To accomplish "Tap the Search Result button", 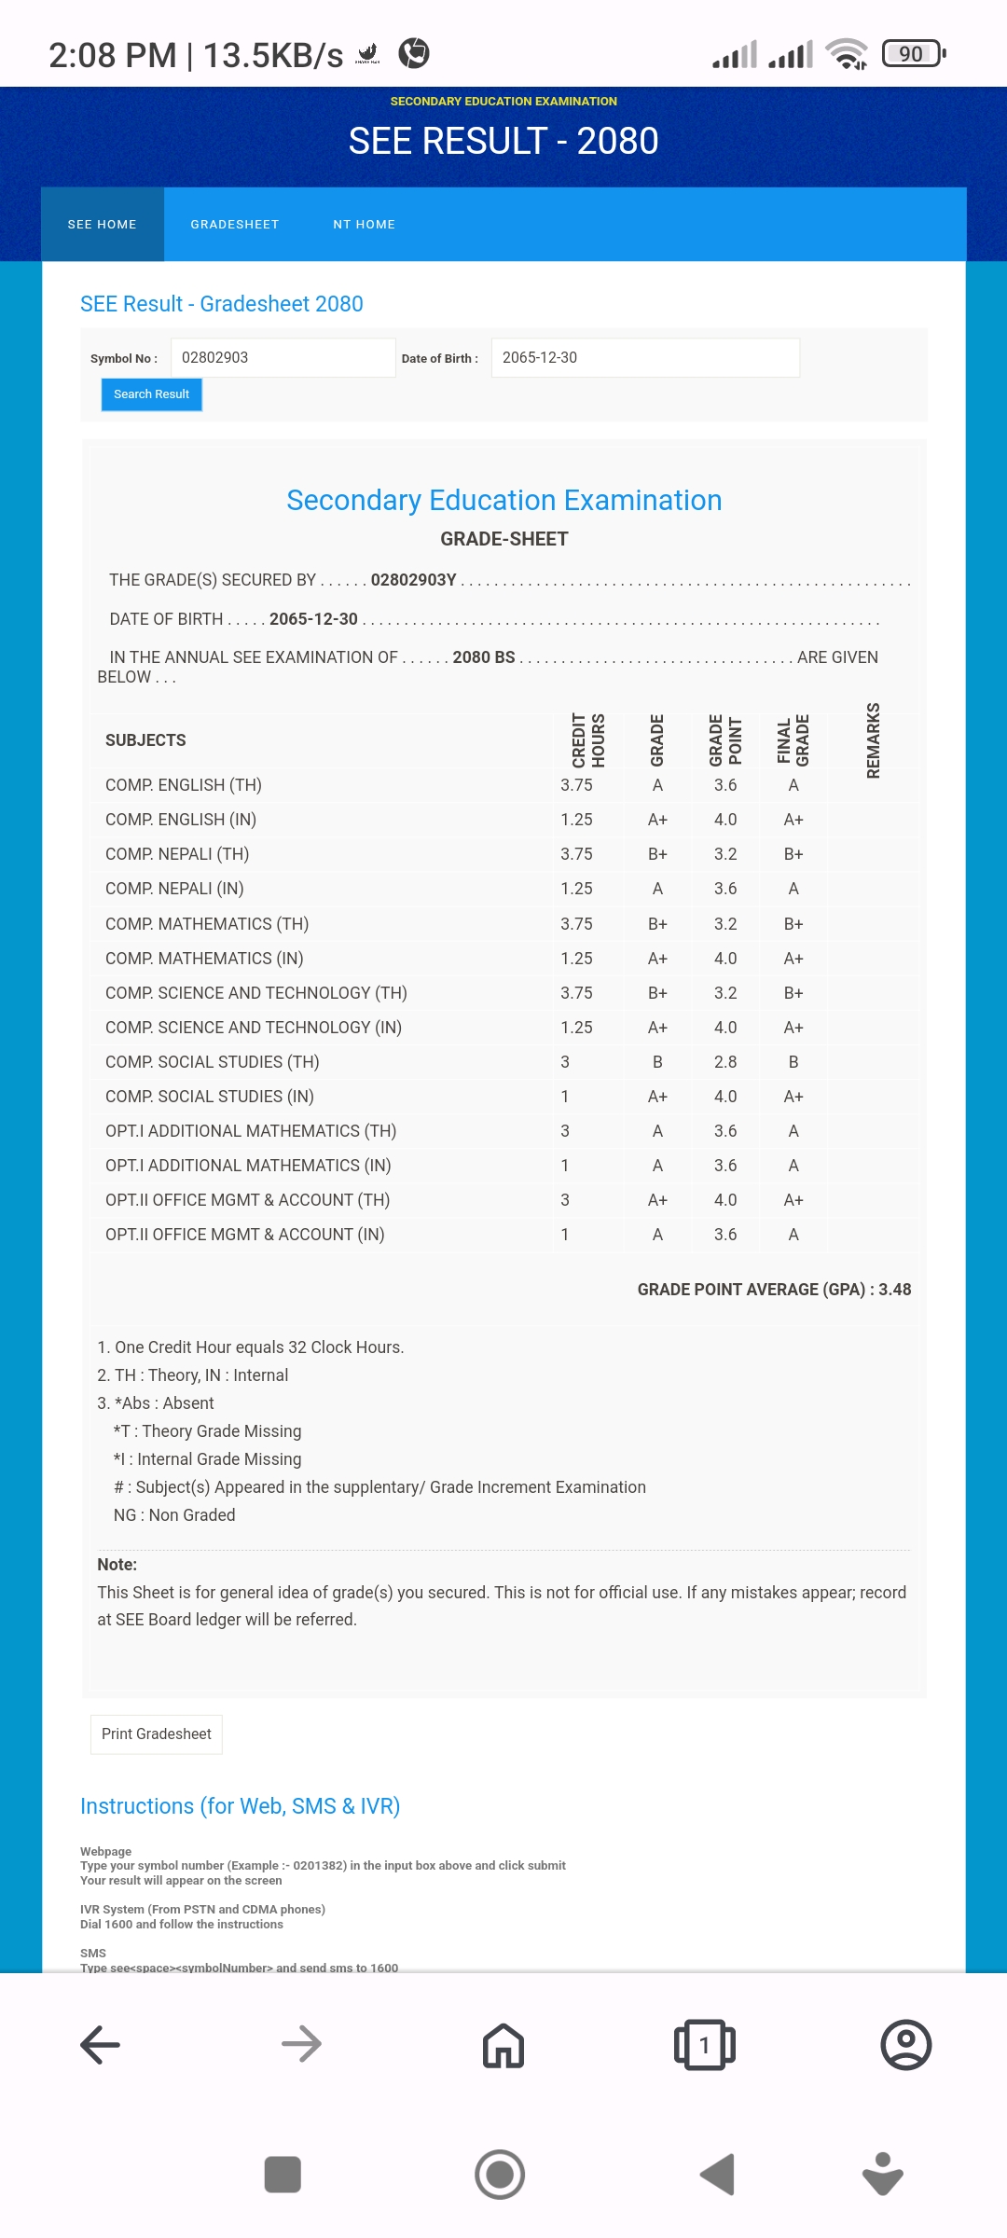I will [x=151, y=394].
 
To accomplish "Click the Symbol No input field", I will [x=283, y=358].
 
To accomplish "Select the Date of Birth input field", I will [x=644, y=358].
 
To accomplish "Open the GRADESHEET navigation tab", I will [x=235, y=225].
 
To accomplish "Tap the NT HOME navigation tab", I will [x=364, y=225].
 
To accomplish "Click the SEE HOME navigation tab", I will [x=103, y=225].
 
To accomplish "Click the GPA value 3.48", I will [x=894, y=1290].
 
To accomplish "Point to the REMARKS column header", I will [x=873, y=740].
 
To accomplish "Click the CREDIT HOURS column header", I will [x=588, y=740].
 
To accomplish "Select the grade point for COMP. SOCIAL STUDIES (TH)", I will [x=725, y=1062].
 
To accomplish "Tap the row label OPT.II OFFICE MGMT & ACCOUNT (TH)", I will [x=247, y=1200].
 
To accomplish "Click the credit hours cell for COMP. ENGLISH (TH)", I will [x=576, y=785].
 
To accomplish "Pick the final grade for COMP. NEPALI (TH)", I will [x=793, y=854].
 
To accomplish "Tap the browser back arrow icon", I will [x=101, y=2045].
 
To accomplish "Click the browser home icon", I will [x=504, y=2045].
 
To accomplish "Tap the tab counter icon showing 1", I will [x=705, y=2045].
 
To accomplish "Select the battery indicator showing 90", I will [x=913, y=54].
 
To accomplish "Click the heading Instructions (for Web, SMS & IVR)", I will [x=240, y=1806].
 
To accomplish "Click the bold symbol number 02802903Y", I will [x=413, y=580].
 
